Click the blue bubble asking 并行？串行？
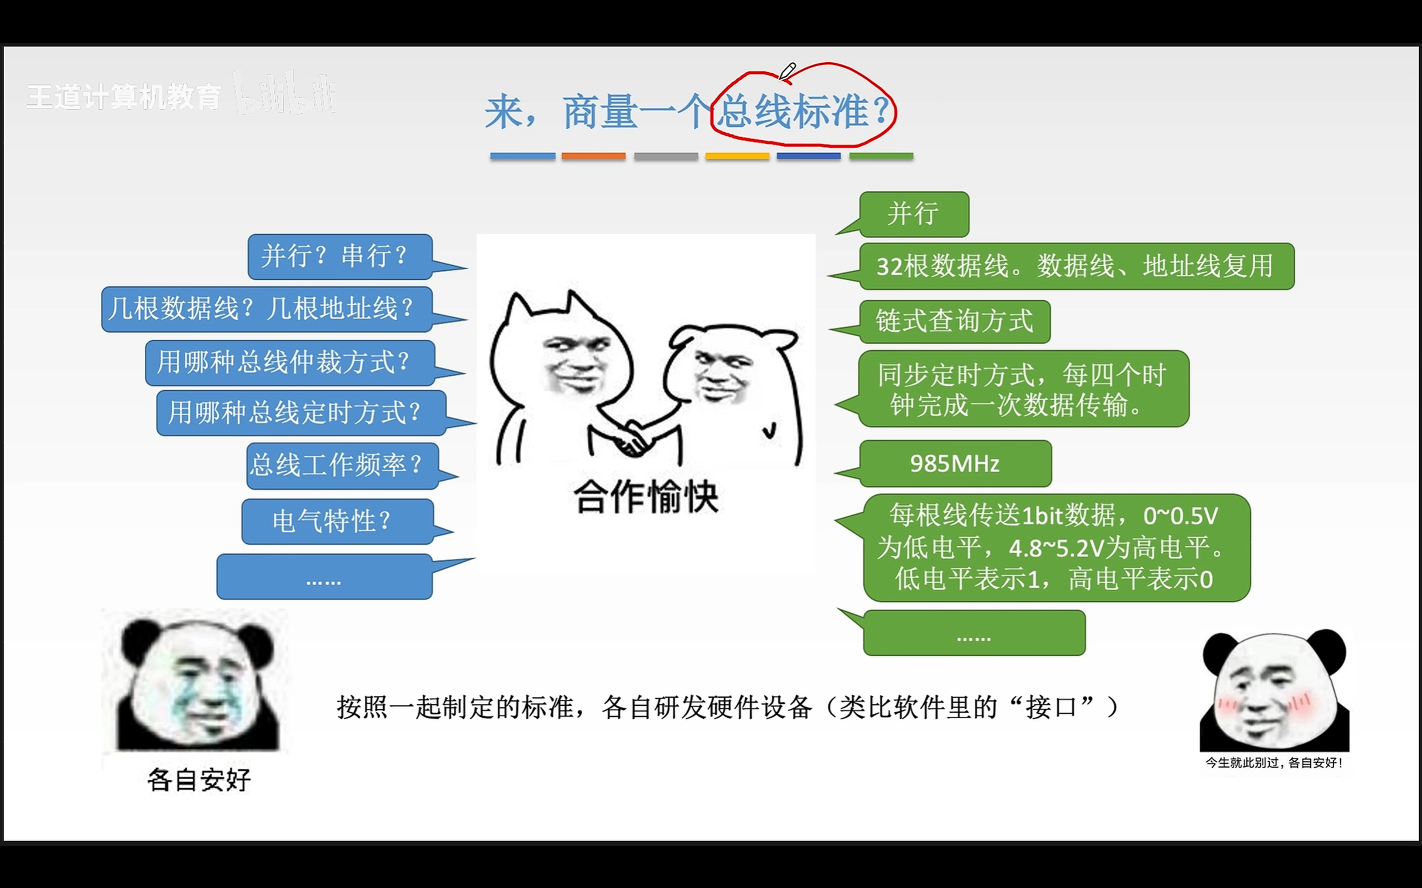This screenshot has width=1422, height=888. coord(340,256)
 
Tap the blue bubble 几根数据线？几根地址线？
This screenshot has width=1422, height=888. coord(267,309)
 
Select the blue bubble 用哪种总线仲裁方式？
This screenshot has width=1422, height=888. coord(291,362)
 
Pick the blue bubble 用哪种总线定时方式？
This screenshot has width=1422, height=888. coord(302,413)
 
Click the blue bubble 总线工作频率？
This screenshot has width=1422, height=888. coord(343,465)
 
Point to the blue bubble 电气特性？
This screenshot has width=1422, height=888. coord(338,522)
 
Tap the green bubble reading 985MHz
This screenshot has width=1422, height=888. coord(955,464)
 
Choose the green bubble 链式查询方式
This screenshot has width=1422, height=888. coord(954,322)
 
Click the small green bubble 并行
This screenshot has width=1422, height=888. coord(914,214)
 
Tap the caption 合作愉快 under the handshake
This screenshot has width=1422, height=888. coord(646,497)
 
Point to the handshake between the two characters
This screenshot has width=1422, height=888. coord(632,437)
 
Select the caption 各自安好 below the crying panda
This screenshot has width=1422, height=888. coord(199,780)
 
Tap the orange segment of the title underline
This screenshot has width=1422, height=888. coord(593,156)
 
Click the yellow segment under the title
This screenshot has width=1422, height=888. coord(738,156)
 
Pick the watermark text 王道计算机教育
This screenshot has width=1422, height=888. coord(124,97)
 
